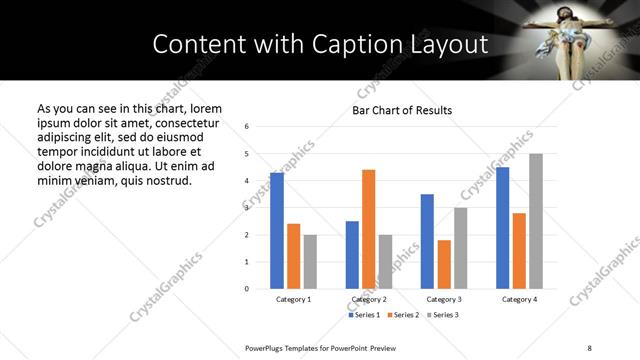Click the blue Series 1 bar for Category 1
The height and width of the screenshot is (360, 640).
click(x=277, y=230)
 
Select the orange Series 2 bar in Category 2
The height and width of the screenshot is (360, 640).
click(x=368, y=229)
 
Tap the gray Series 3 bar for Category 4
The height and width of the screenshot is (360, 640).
click(x=536, y=221)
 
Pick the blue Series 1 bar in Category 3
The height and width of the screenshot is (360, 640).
click(x=427, y=241)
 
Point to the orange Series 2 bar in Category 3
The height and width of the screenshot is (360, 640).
click(x=444, y=264)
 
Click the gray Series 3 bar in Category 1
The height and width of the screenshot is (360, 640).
click(x=310, y=262)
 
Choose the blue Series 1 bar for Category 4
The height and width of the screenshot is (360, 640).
click(x=502, y=228)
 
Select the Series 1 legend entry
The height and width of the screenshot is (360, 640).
click(x=363, y=315)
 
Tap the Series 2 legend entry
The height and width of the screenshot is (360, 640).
click(x=401, y=315)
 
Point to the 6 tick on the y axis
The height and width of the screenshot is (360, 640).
click(x=247, y=127)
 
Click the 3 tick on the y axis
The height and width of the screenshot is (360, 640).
click(x=247, y=208)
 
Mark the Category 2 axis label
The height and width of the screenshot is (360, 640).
click(x=368, y=299)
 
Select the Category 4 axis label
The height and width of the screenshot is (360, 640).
click(x=519, y=299)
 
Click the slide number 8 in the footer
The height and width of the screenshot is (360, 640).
click(x=589, y=347)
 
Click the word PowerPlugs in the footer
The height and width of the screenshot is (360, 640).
click(x=267, y=347)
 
